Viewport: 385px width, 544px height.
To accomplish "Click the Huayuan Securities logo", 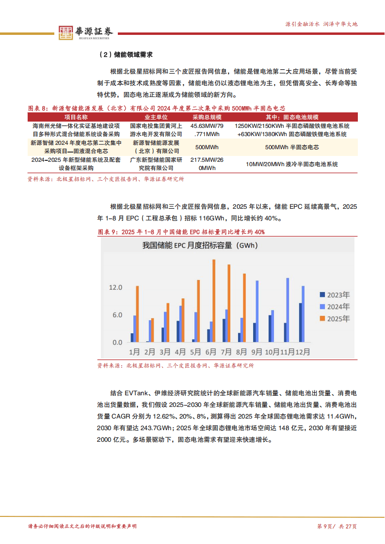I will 86,32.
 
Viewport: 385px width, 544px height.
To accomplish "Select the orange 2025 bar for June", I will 214,301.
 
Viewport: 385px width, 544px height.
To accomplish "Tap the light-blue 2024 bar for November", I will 288,310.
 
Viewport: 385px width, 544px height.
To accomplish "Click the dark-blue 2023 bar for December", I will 300,323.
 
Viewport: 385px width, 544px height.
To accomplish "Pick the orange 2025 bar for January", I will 137,314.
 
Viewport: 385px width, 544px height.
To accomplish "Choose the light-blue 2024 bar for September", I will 257,311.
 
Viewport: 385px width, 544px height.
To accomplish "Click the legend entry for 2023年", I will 335,295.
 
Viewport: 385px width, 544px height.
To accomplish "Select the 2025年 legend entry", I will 335,318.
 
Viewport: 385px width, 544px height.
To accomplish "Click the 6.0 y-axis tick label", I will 117,315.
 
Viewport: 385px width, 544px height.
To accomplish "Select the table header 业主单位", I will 156,117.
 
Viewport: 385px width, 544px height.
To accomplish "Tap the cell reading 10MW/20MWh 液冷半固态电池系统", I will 291,164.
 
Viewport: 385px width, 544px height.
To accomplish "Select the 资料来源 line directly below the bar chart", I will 175,366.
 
